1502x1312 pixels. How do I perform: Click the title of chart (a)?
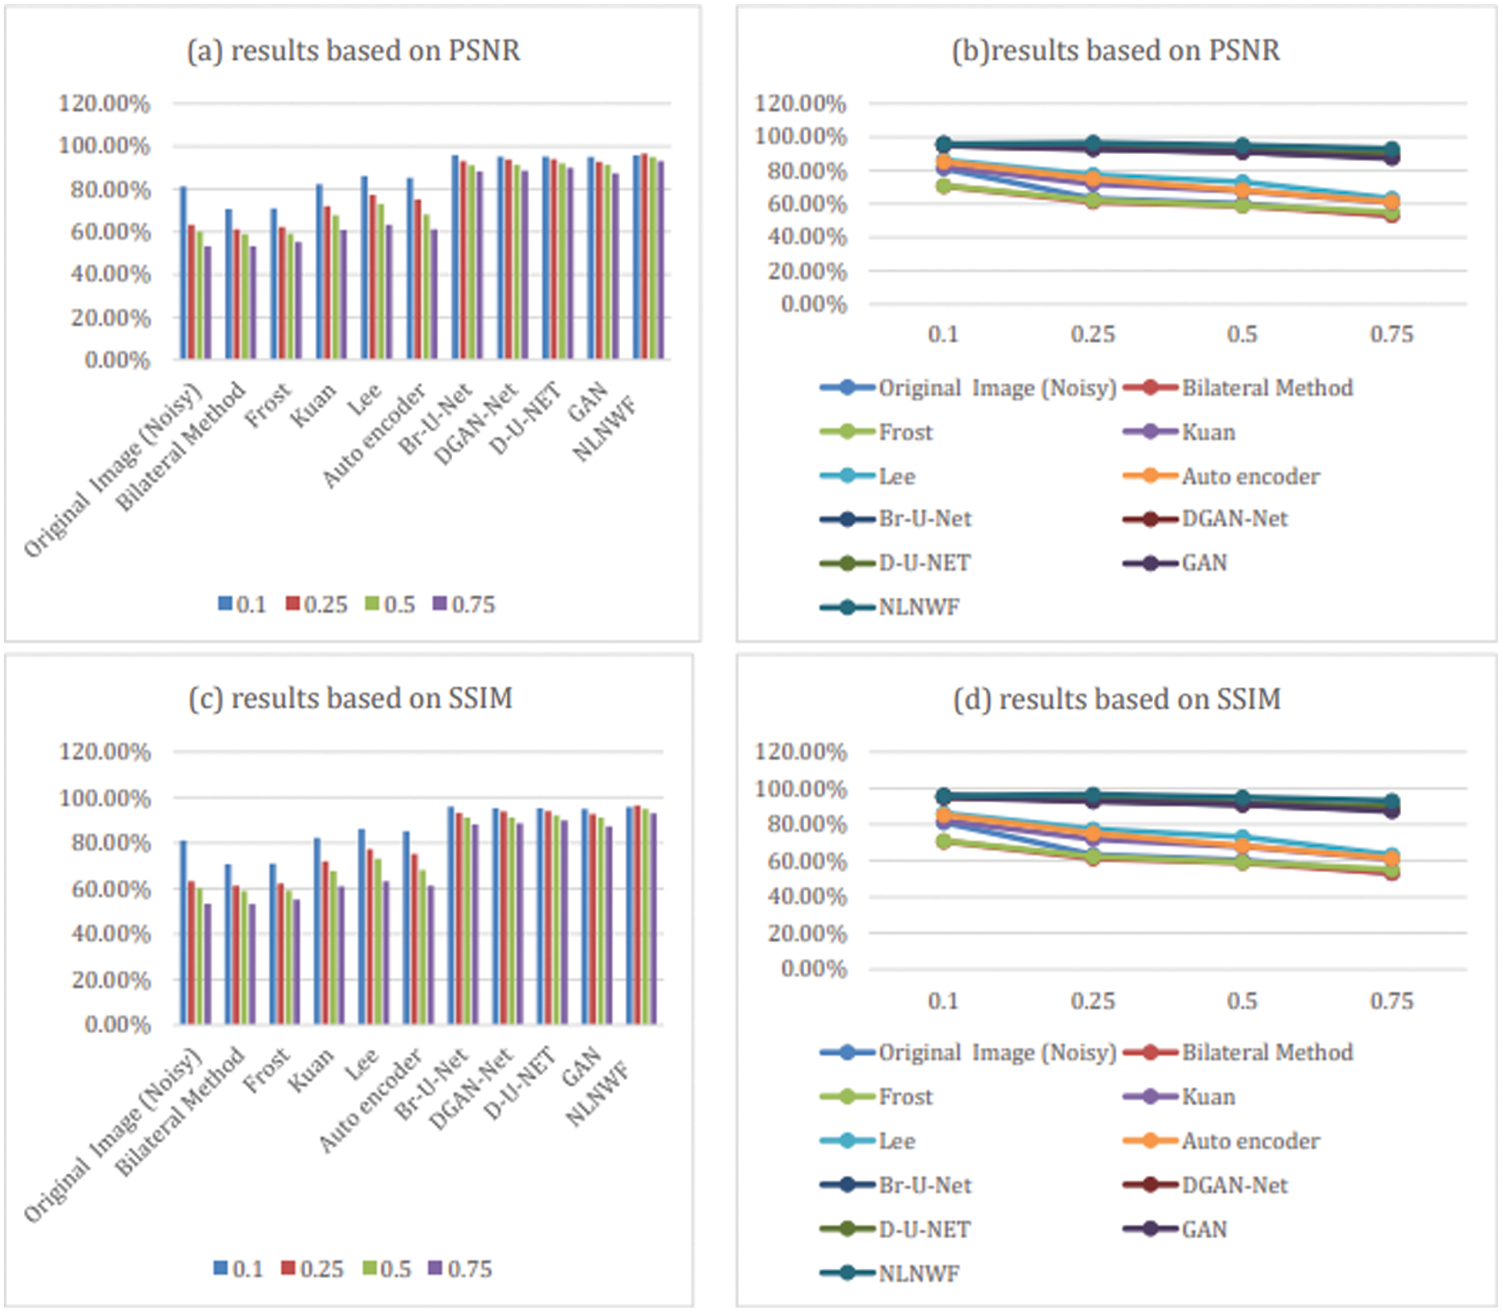pyautogui.click(x=353, y=51)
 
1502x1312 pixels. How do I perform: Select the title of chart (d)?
pyautogui.click(x=1116, y=700)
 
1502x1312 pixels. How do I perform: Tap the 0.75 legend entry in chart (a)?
pyautogui.click(x=464, y=605)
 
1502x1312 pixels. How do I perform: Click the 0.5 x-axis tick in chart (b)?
pyautogui.click(x=1242, y=334)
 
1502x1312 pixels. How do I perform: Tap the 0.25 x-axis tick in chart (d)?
pyautogui.click(x=1092, y=1001)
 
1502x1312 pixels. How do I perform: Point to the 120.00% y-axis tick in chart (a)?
pyautogui.click(x=105, y=103)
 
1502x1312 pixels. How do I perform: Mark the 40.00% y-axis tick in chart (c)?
pyautogui.click(x=110, y=934)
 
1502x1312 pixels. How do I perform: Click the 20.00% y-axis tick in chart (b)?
pyautogui.click(x=806, y=271)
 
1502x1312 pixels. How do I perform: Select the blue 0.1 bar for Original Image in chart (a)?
pyautogui.click(x=183, y=273)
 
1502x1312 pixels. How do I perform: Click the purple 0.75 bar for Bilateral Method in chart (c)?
pyautogui.click(x=252, y=964)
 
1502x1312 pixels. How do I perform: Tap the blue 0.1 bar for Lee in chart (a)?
pyautogui.click(x=364, y=267)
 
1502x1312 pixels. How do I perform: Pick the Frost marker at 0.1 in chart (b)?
pyautogui.click(x=944, y=186)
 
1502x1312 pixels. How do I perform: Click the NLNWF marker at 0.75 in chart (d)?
pyautogui.click(x=1391, y=801)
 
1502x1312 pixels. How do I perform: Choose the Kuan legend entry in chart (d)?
pyautogui.click(x=1180, y=1096)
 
